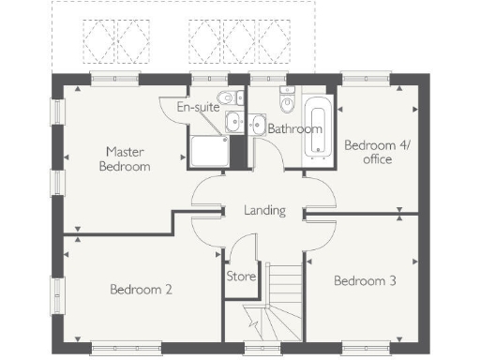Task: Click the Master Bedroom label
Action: pos(127,158)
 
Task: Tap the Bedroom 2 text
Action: pos(141,289)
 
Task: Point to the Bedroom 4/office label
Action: pos(368,152)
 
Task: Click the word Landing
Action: pos(263,210)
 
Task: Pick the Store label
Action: pos(241,277)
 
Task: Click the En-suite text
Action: pos(198,107)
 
